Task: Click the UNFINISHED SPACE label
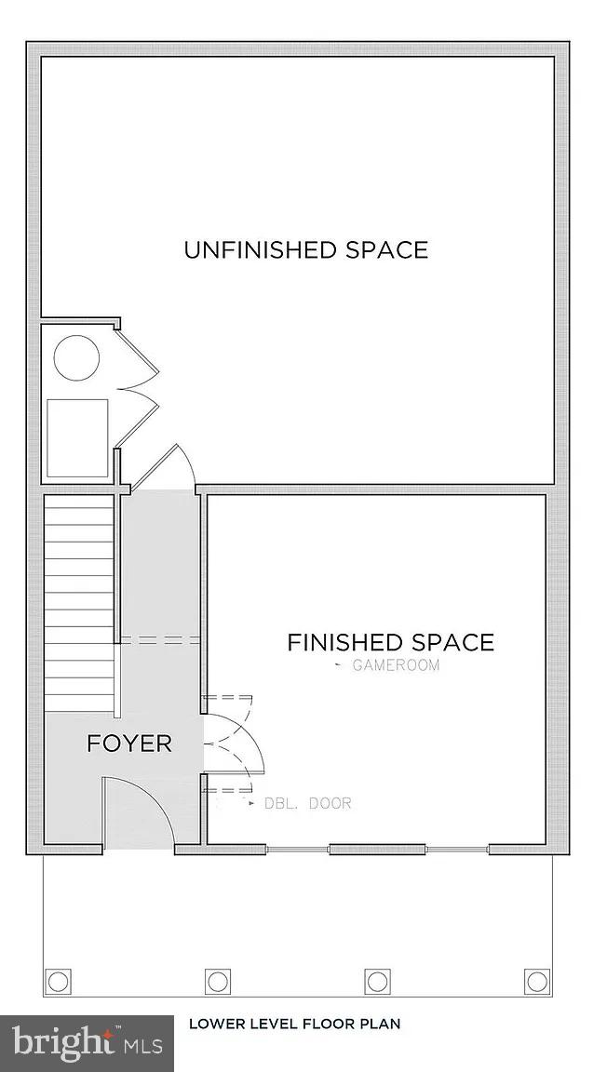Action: tap(305, 250)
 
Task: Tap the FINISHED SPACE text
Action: tap(390, 642)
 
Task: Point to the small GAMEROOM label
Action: tap(396, 665)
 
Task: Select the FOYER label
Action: tap(129, 744)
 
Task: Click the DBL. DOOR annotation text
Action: tap(308, 803)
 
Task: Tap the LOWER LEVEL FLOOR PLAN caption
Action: tap(294, 1024)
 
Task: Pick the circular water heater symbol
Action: tap(76, 357)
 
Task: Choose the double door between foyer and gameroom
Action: tap(233, 744)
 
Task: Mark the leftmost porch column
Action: tap(58, 981)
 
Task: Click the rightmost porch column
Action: tap(537, 981)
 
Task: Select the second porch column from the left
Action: tap(218, 981)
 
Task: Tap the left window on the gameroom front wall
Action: tap(297, 849)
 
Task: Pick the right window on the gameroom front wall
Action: tap(457, 849)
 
